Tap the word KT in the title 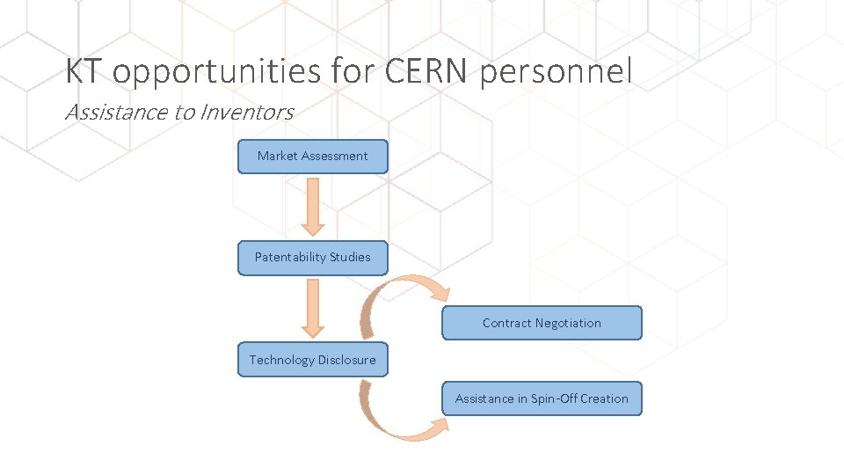pos(84,71)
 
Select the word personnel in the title pos(556,72)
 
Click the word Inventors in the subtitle pos(247,112)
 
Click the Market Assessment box pos(312,157)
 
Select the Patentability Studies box pos(312,258)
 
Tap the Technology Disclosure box pos(312,360)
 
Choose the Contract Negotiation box pos(542,323)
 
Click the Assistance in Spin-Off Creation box pos(542,398)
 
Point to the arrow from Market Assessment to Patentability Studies pos(313,207)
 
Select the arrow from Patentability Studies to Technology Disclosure pos(313,309)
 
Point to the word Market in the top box pos(277,157)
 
